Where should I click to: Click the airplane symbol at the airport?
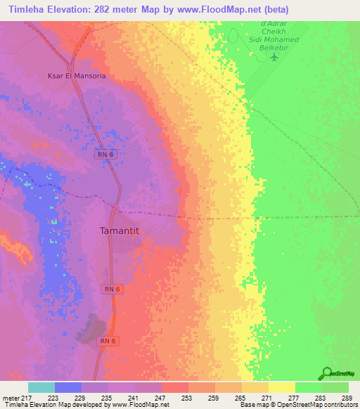275,54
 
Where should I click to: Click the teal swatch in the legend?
41,387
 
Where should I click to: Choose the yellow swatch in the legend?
282,387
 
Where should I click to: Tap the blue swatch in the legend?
68,387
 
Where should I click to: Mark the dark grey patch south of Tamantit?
93,329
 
